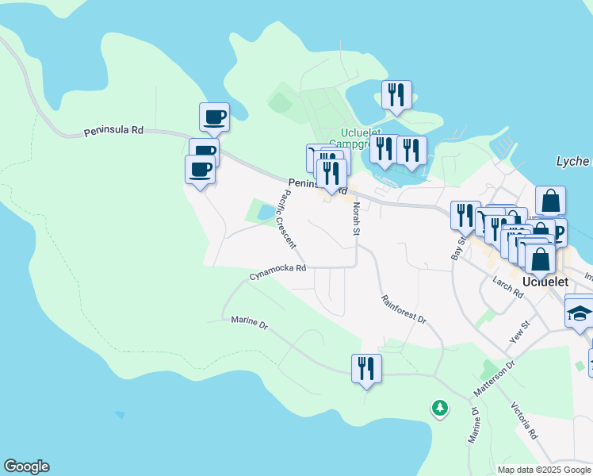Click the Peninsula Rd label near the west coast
tap(114, 132)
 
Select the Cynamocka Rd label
tap(277, 272)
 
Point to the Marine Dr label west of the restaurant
tap(250, 322)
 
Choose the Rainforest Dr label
tap(404, 309)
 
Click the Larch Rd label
tap(507, 287)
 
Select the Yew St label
tap(520, 328)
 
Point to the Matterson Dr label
tap(494, 378)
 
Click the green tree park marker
tap(439, 408)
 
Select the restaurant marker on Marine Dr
tap(366, 368)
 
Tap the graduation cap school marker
tap(580, 311)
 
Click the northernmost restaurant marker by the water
tap(395, 94)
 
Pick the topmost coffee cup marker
tap(214, 117)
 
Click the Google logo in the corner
tap(26, 466)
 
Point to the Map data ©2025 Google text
tap(543, 470)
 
